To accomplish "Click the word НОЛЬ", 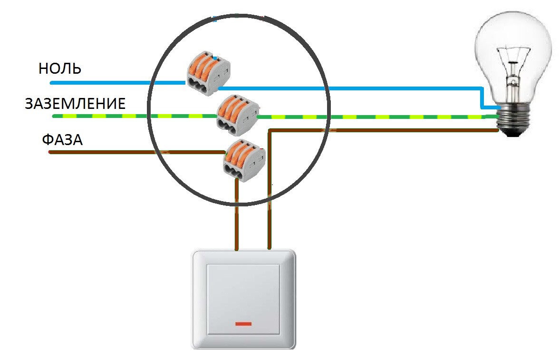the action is coord(60,68).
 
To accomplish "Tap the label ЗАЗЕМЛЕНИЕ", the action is coord(75,104).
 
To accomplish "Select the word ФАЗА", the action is coord(62,139).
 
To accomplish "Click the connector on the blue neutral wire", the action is coord(209,73).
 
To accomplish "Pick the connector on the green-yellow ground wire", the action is coord(238,115).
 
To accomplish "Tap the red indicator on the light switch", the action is coord(243,324).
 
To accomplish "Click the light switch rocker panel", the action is coord(243,299).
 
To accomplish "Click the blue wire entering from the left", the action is coord(118,83).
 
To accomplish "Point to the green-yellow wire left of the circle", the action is coord(100,116).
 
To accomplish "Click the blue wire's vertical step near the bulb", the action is coord(481,97).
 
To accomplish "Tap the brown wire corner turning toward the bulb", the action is coord(270,131).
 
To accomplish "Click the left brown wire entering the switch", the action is coord(236,214).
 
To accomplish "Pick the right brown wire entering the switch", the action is coord(270,190).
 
